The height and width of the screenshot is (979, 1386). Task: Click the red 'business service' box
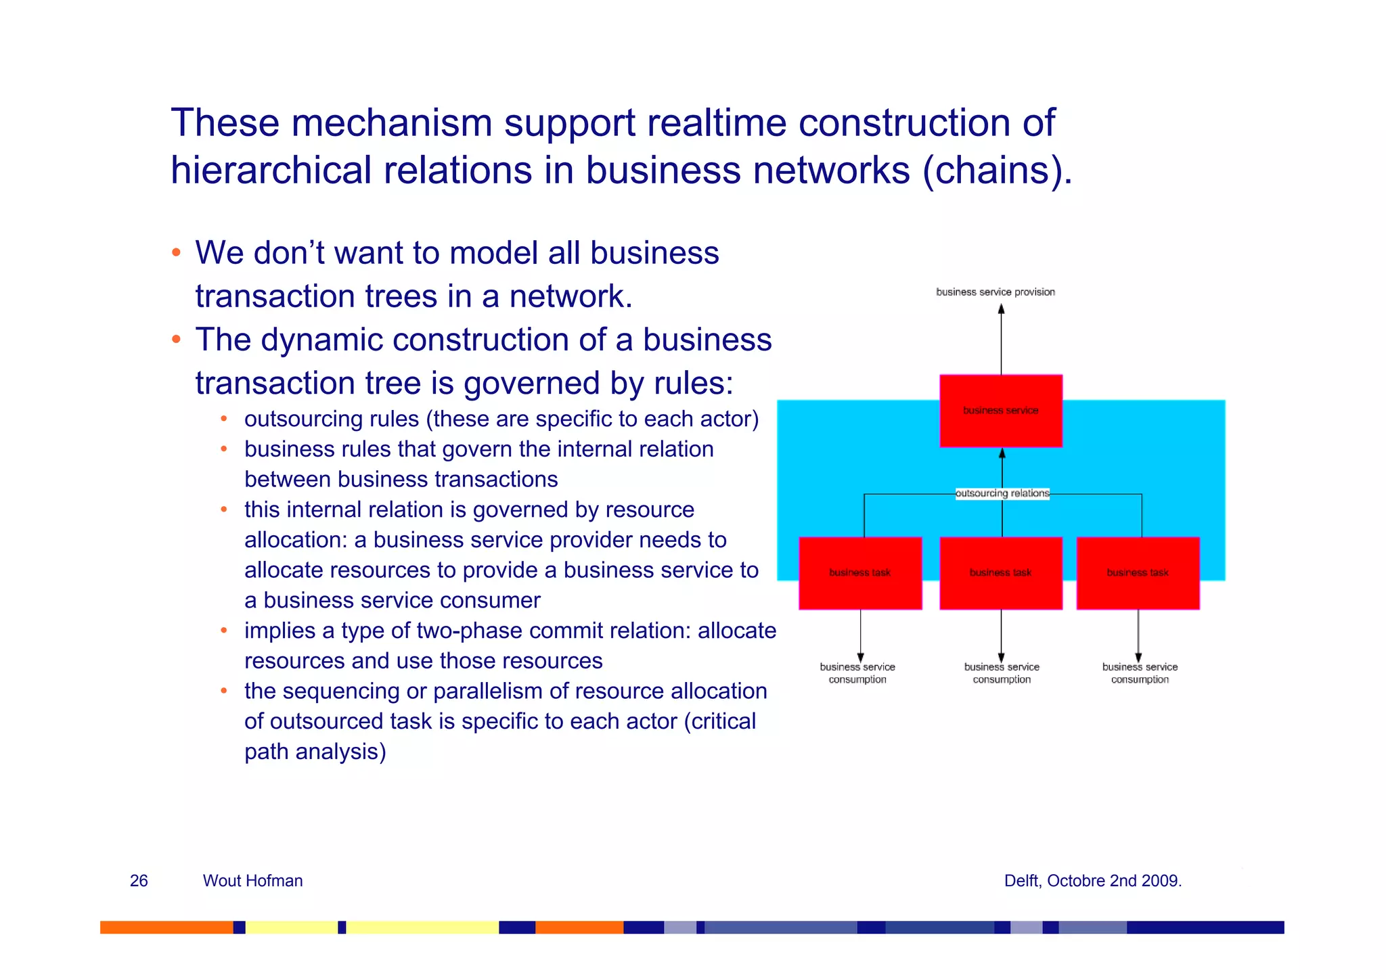click(x=1000, y=411)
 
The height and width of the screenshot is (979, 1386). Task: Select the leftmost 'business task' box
click(x=859, y=573)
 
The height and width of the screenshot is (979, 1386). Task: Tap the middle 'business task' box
click(x=1000, y=573)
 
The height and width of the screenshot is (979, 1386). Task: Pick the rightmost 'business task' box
click(x=1138, y=573)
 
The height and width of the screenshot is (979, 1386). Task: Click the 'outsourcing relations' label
click(x=1002, y=493)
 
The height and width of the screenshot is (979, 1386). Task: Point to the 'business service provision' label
click(x=995, y=292)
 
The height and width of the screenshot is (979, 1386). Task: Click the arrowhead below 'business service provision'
click(x=1001, y=309)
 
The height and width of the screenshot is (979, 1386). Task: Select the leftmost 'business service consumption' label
click(x=857, y=673)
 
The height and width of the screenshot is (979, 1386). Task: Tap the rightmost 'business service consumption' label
click(x=1140, y=673)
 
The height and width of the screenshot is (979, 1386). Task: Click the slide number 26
click(x=139, y=880)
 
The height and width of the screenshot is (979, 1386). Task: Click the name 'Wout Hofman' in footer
click(x=252, y=880)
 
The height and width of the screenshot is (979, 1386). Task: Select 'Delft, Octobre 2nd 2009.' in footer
click(x=1092, y=880)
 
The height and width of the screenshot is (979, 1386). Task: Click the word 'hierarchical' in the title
click(x=271, y=170)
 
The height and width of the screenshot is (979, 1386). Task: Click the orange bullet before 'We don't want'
click(x=176, y=253)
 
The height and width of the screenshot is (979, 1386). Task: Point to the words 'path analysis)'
click(x=315, y=752)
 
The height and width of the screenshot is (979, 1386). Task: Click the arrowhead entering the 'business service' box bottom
click(x=1002, y=453)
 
